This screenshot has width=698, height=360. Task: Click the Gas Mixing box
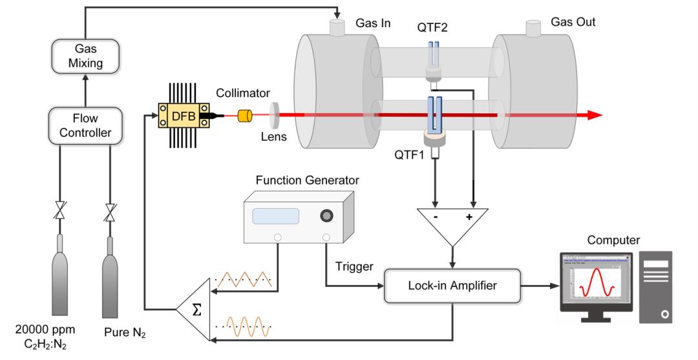pos(85,56)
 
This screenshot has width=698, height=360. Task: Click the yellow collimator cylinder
pos(245,116)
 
